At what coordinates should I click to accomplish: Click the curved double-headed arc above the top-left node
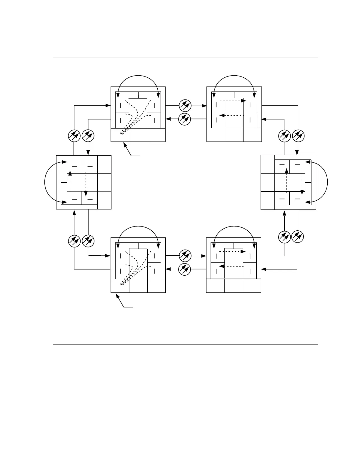[x=138, y=76]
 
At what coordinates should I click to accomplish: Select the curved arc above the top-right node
[x=234, y=76]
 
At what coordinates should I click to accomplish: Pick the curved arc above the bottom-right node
[x=234, y=227]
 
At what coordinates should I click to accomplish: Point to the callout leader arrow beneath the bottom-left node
[x=122, y=301]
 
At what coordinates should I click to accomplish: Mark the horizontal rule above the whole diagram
[x=186, y=57]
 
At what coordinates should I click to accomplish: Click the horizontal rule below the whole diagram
[x=186, y=344]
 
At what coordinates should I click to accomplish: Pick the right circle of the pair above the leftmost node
[x=88, y=136]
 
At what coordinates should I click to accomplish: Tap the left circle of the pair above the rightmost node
[x=284, y=136]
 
